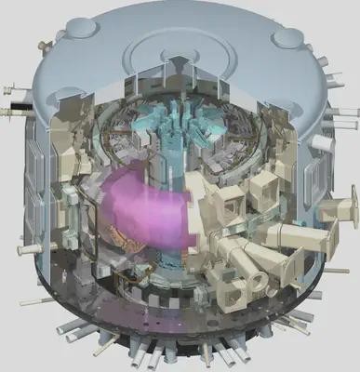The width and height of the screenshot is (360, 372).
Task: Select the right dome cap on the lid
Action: (x=285, y=37)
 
